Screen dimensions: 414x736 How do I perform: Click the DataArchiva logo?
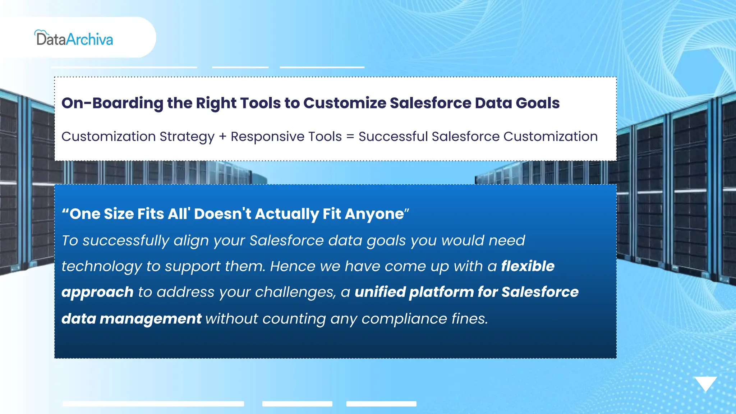pos(74,38)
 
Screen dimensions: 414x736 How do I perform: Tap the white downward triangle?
pos(705,383)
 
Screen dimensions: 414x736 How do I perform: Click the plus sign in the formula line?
pos(223,137)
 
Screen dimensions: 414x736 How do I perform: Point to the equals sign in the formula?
pos(350,137)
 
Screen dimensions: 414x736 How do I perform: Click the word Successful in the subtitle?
pos(393,137)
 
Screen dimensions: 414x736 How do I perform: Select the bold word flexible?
pos(528,266)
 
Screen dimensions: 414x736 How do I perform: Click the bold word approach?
pos(97,293)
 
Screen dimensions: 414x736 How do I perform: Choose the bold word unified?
pos(380,292)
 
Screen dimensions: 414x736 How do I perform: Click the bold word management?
pos(150,319)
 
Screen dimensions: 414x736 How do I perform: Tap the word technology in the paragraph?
pos(102,267)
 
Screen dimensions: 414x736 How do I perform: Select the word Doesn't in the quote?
pos(223,214)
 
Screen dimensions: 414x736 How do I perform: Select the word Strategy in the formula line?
pos(187,137)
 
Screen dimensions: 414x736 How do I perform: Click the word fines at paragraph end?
pos(469,319)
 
